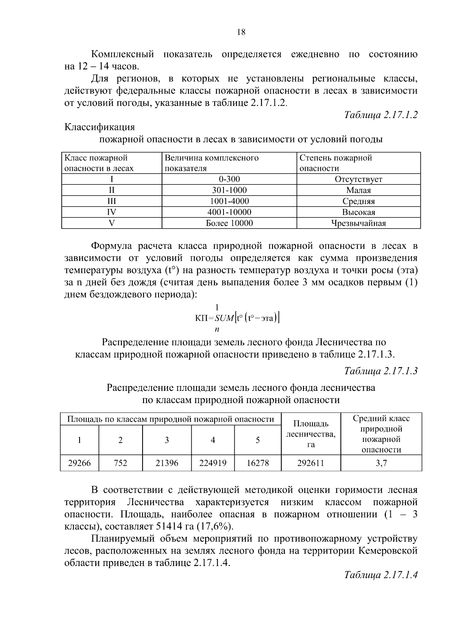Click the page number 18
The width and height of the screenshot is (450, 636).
[x=241, y=32]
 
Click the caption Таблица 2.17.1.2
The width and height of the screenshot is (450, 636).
[x=381, y=115]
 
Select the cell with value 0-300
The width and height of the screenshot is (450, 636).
[x=229, y=179]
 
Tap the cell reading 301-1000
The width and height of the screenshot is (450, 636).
[x=229, y=190]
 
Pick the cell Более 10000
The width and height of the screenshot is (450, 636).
[x=229, y=223]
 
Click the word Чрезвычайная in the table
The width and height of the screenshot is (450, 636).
[x=358, y=223]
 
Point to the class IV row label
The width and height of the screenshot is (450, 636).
[x=111, y=212]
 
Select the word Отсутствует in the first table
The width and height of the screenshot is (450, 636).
[x=358, y=179]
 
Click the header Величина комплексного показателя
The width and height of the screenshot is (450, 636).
[x=211, y=163]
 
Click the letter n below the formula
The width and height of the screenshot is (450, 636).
[x=217, y=329]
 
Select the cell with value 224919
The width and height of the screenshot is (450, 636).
[x=213, y=463]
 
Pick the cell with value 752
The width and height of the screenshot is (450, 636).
[x=120, y=463]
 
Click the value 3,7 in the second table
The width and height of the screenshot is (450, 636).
[x=381, y=463]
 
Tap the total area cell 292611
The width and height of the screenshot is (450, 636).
[x=310, y=463]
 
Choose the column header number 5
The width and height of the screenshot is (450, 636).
[x=258, y=440]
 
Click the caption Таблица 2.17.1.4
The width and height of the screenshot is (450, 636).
[x=381, y=575]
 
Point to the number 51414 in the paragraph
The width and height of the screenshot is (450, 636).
[x=169, y=526]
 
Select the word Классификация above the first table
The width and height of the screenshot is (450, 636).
[x=99, y=127]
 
